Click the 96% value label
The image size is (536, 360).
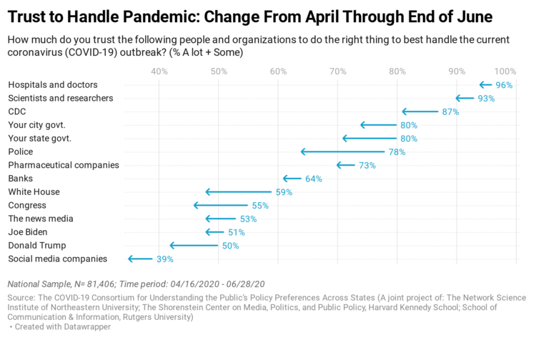(505, 85)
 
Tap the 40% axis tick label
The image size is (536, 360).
(159, 71)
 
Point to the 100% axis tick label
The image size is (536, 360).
(505, 71)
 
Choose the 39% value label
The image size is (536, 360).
(164, 259)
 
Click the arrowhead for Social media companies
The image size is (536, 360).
(130, 259)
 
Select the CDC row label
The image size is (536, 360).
(16, 111)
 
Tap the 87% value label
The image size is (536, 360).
(450, 112)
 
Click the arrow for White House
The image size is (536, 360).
(240, 192)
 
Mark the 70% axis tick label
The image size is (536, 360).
(338, 71)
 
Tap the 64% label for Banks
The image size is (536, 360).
(314, 179)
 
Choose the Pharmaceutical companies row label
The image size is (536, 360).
(64, 165)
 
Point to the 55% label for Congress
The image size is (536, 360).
(260, 205)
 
